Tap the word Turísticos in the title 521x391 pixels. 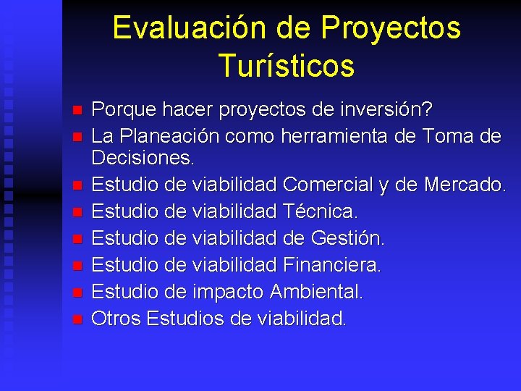pos(287,66)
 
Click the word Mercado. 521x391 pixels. pos(463,185)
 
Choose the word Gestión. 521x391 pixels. pos(347,238)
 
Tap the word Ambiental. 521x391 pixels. pos(316,292)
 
